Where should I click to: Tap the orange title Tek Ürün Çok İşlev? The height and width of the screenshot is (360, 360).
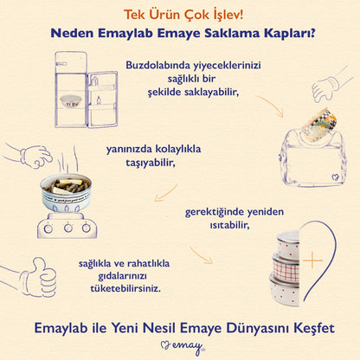pyautogui.click(x=179, y=14)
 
